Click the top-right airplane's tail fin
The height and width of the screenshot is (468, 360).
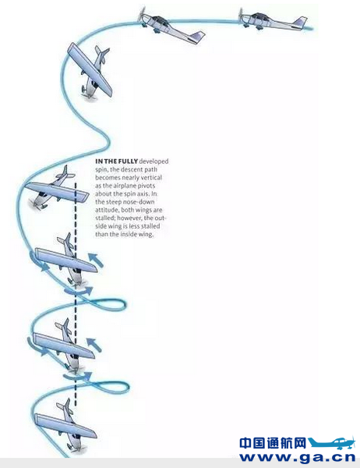(300, 22)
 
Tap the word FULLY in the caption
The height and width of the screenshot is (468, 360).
(128, 161)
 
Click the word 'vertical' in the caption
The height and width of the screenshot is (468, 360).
(151, 178)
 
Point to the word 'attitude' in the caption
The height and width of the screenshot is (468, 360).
(107, 210)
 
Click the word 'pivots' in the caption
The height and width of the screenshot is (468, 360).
(146, 186)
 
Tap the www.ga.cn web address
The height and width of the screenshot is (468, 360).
(298, 457)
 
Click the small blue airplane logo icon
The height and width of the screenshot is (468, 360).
(332, 443)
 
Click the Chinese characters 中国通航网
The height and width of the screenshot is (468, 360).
(273, 443)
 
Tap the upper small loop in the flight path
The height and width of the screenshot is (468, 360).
(112, 305)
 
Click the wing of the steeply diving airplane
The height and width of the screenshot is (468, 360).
(90, 69)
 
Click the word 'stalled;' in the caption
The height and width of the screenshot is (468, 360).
(105, 218)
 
